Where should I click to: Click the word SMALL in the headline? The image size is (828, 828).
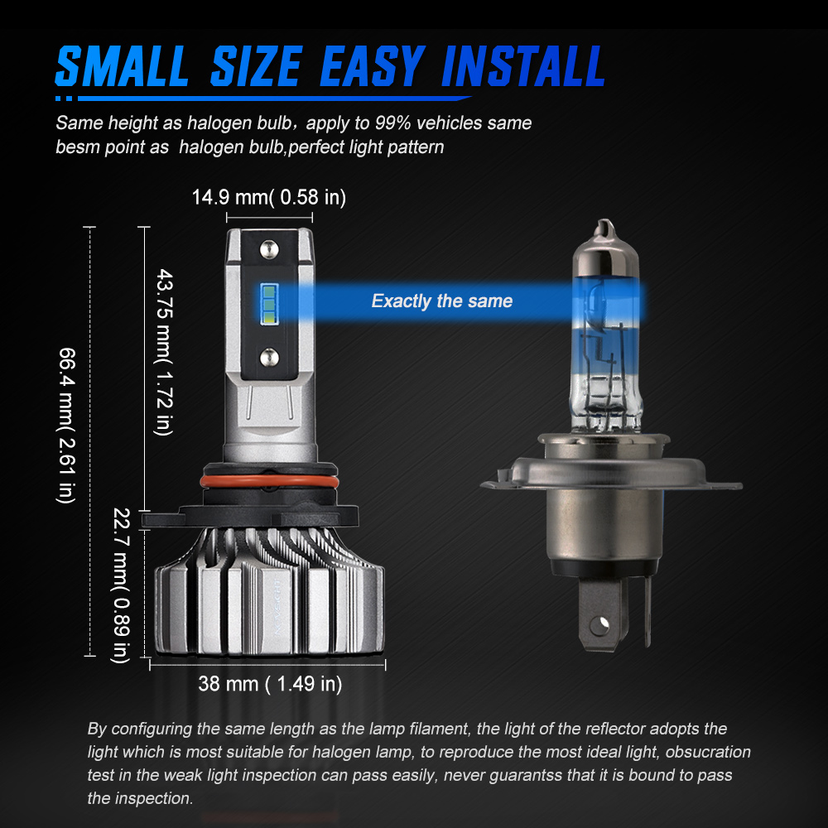coord(122,66)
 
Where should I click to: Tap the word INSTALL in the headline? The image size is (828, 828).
coord(522,66)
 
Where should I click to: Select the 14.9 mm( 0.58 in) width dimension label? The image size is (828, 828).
coord(269,198)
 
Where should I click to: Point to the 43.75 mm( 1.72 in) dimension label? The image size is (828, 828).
coord(164,352)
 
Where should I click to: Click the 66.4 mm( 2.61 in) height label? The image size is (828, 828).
coord(66,426)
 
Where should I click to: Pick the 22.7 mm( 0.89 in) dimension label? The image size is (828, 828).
coord(121,585)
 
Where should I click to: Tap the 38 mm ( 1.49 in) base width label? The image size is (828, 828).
coord(270,684)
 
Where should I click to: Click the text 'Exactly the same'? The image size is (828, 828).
coord(442,301)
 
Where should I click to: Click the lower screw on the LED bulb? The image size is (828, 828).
coord(269,358)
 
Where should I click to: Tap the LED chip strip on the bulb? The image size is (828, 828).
coord(269,304)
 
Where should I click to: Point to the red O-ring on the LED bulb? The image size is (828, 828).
coord(269,482)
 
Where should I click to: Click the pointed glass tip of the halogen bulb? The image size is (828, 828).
coord(605,229)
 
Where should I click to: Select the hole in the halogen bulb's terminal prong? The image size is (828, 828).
coord(599,626)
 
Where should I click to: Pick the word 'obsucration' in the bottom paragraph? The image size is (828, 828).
coord(708,752)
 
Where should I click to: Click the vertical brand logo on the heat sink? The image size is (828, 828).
coord(277,606)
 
